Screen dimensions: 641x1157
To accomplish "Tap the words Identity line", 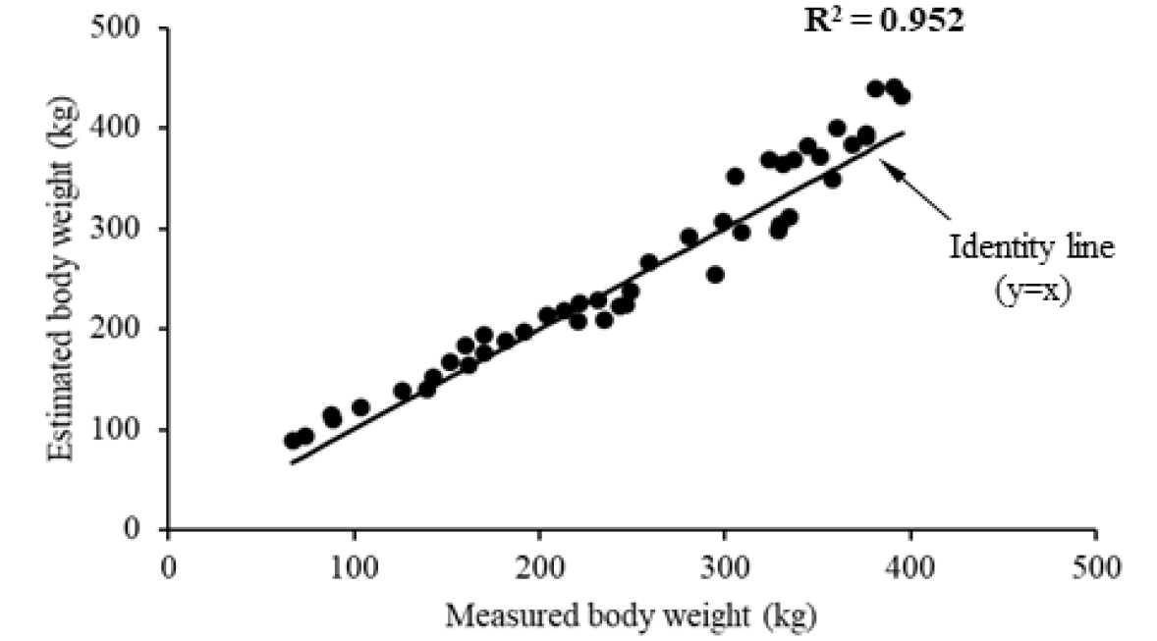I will [1031, 247].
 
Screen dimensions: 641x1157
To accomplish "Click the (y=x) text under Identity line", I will [1031, 291].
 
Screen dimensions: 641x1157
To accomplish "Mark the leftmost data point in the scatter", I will [293, 440].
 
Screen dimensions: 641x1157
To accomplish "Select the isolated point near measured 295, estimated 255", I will [715, 275].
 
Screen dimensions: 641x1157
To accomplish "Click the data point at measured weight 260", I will [648, 262].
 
